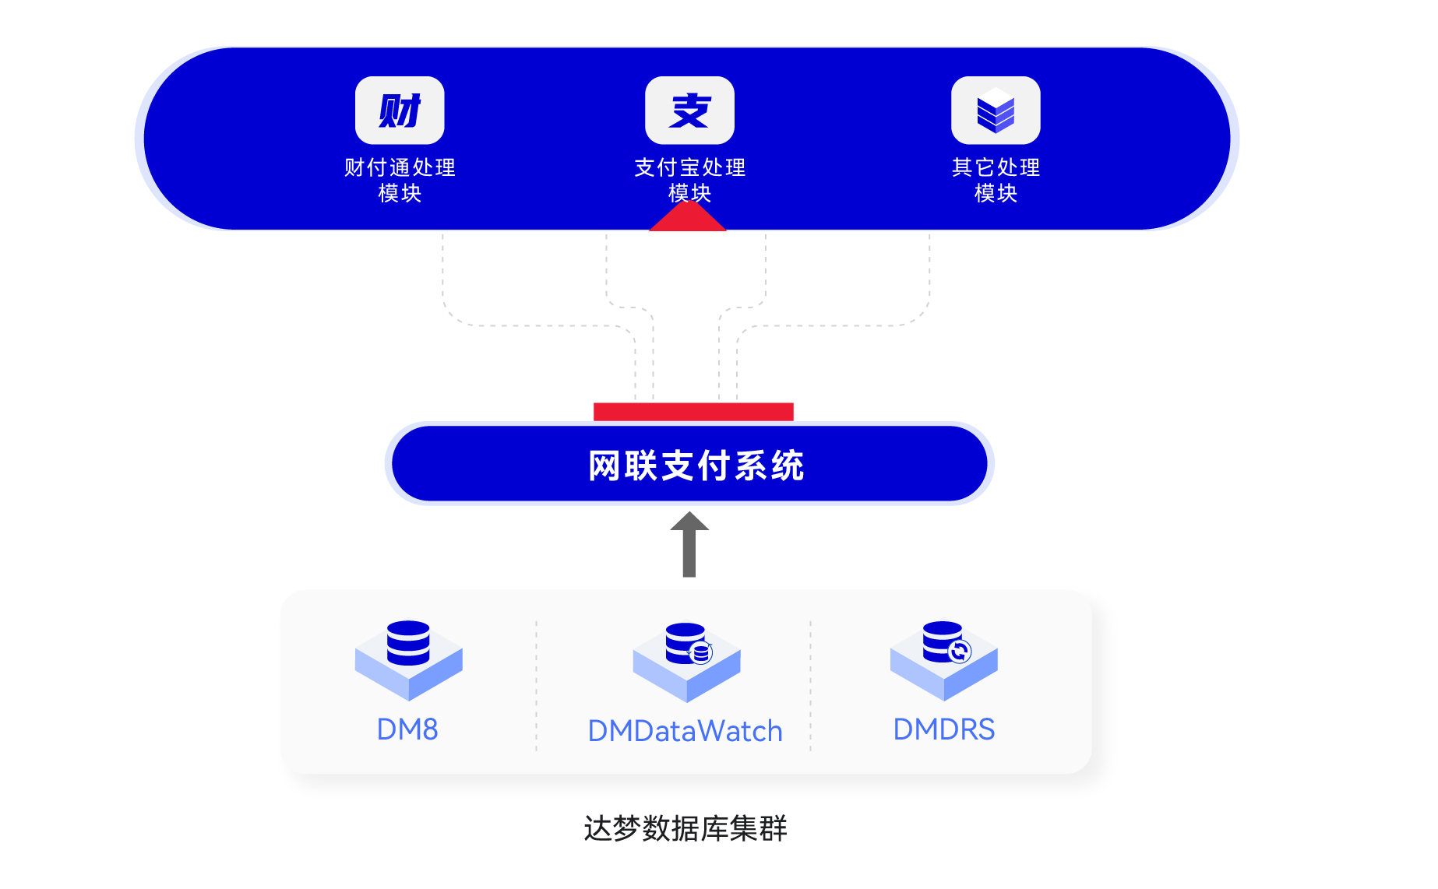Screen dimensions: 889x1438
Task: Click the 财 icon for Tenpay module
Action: [400, 111]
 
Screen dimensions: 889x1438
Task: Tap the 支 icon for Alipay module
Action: [689, 111]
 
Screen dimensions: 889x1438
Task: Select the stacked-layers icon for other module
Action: [996, 111]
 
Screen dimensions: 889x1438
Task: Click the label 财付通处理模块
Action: [400, 180]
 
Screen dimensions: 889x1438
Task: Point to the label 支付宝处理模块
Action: [689, 180]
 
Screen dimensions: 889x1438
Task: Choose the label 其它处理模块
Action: [996, 180]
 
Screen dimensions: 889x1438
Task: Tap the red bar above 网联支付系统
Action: [693, 412]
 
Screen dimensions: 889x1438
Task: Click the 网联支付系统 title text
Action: [696, 466]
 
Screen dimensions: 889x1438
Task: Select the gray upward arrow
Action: [689, 545]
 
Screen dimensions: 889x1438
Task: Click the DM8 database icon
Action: [408, 659]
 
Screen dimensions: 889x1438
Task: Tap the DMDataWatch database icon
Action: [686, 660]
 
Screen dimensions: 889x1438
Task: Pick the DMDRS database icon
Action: [944, 659]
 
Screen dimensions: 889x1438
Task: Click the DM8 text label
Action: [407, 729]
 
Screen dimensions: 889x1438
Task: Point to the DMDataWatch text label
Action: [685, 731]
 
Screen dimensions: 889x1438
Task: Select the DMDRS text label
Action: [943, 729]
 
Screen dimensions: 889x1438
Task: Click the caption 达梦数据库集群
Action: [686, 828]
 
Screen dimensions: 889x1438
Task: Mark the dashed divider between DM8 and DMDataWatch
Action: [536, 685]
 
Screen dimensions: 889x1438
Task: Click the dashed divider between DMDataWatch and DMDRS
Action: [810, 685]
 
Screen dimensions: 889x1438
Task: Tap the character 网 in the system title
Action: [604, 466]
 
